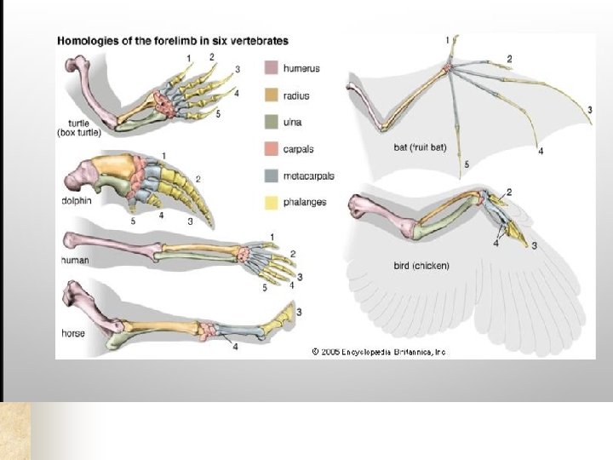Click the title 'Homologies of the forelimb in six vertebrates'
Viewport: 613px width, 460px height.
click(x=172, y=40)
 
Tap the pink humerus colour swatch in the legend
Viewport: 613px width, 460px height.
click(x=271, y=66)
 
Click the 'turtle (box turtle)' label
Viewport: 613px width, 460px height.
click(x=79, y=126)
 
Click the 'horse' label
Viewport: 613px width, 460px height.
click(x=73, y=333)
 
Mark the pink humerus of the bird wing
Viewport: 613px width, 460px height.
click(x=387, y=217)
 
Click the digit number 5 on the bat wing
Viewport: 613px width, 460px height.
click(x=466, y=164)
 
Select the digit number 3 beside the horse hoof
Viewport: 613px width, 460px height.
click(x=299, y=312)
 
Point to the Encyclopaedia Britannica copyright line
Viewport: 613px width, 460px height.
click(x=378, y=351)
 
